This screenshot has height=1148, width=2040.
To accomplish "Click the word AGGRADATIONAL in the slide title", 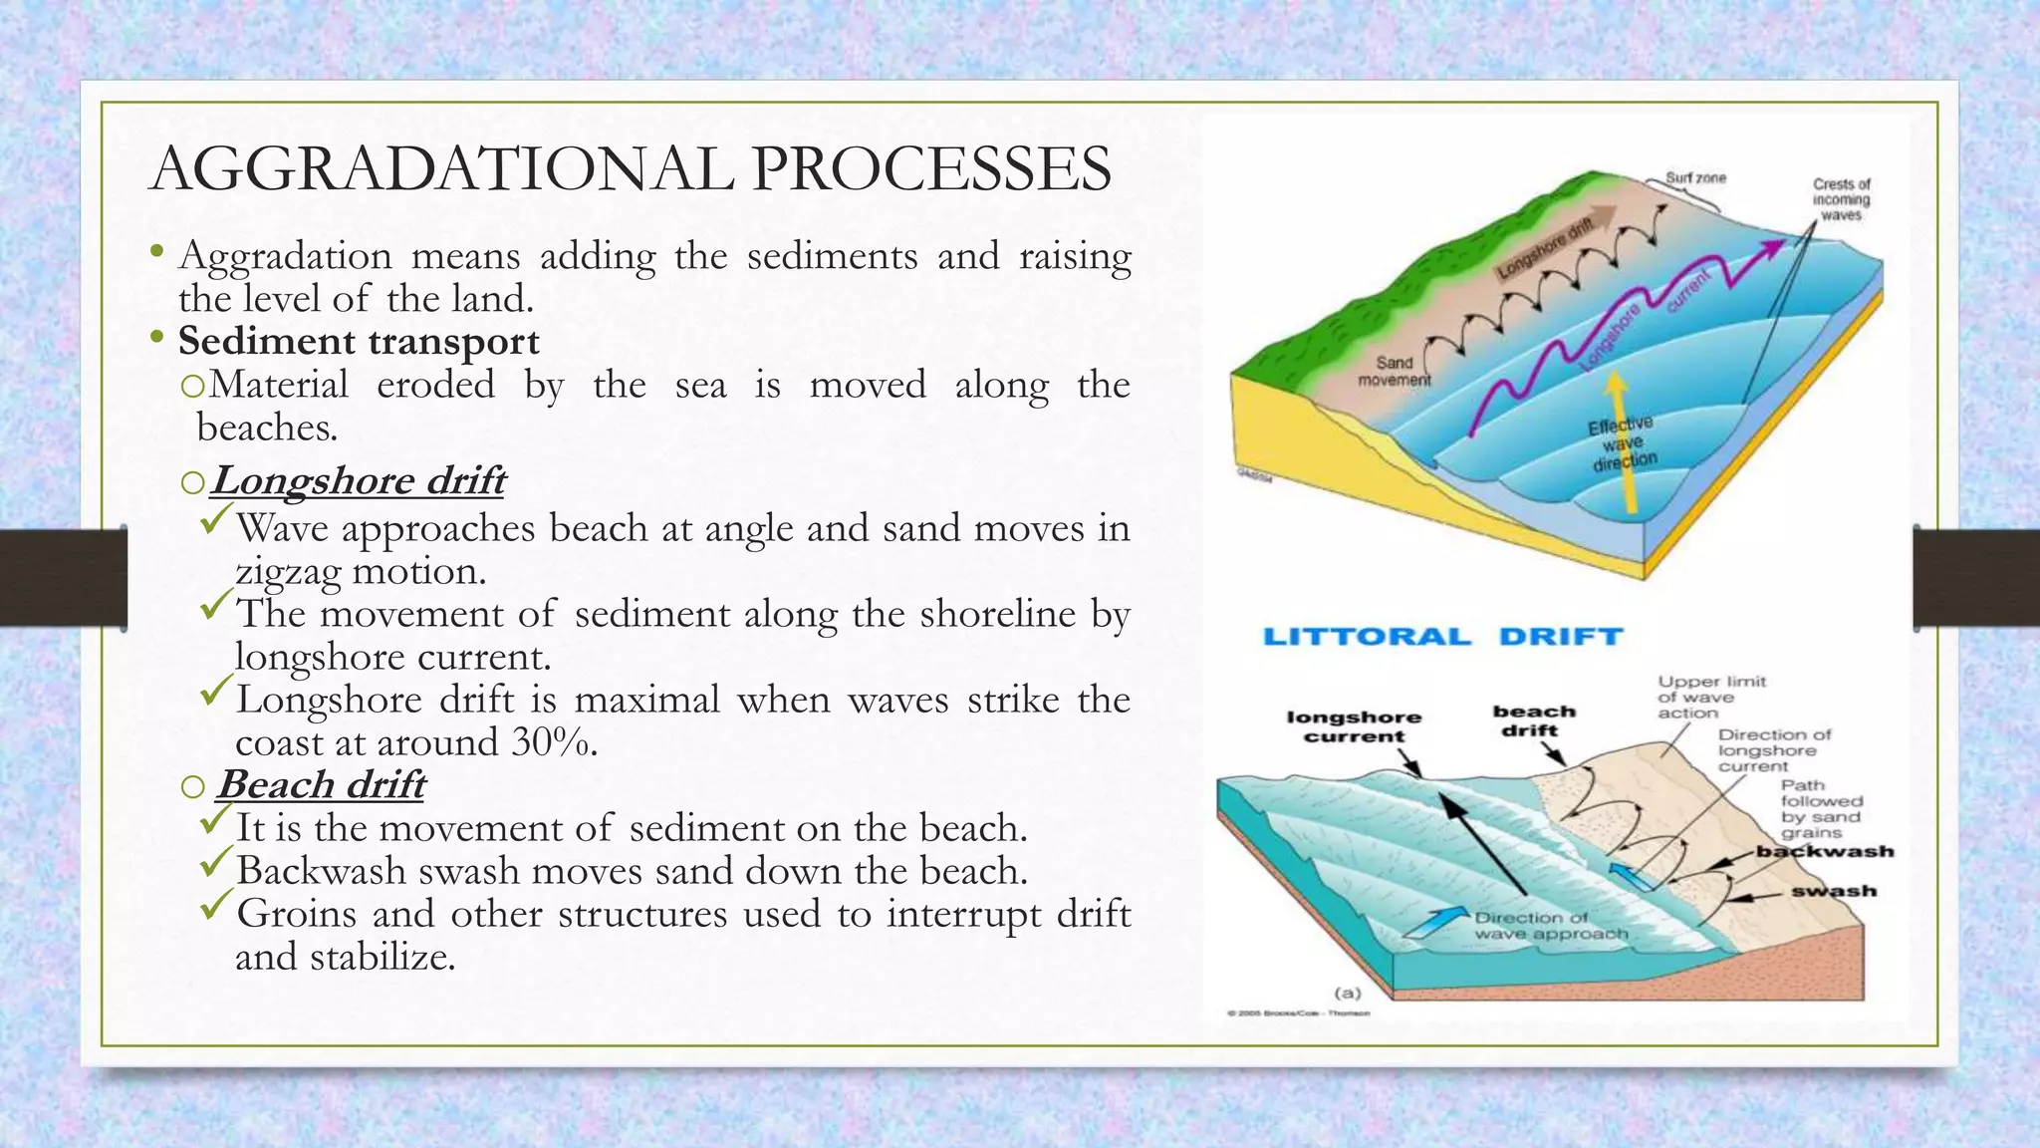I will (442, 169).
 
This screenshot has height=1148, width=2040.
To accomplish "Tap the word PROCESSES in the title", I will (931, 169).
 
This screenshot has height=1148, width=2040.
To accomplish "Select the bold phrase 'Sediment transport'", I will (359, 341).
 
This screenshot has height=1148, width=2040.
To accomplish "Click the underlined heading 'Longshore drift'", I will (359, 481).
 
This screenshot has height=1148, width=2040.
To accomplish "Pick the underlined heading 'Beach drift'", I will (322, 785).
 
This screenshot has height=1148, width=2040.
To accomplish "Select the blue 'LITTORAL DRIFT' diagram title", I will (1442, 637).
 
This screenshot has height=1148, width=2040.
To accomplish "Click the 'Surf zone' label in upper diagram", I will (1696, 178).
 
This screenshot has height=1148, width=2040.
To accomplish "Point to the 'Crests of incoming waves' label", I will (1841, 199).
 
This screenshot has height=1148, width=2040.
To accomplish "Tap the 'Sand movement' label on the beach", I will (1395, 371).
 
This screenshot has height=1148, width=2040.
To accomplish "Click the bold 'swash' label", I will (1834, 891).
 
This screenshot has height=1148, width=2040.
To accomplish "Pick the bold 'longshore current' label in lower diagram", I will (1354, 726).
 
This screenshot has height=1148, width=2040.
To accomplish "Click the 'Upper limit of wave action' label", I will (1711, 697).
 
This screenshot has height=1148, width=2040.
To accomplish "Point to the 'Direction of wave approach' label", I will (1551, 926).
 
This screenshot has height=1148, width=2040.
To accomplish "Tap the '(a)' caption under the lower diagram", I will (1348, 993).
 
